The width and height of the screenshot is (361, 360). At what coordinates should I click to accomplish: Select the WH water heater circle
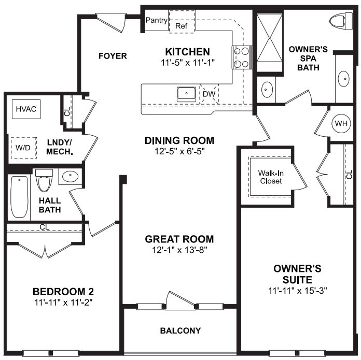pyautogui.click(x=341, y=124)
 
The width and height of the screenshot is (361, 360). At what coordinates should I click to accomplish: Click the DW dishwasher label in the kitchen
pyautogui.click(x=209, y=94)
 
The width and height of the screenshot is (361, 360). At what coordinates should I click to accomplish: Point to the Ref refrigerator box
pyautogui.click(x=181, y=25)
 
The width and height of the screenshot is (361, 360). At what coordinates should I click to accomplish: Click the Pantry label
pyautogui.click(x=156, y=21)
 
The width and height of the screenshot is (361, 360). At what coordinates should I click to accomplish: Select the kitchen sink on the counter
pyautogui.click(x=186, y=94)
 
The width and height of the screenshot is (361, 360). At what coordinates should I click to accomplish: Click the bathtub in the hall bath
pyautogui.click(x=20, y=197)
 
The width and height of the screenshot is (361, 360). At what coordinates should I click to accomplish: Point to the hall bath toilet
pyautogui.click(x=44, y=182)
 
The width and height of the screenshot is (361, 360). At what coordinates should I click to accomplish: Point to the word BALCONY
pyautogui.click(x=180, y=330)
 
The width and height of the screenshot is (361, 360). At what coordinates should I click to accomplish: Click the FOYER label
pyautogui.click(x=113, y=55)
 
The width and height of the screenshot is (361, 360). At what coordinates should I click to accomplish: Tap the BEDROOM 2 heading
pyautogui.click(x=63, y=291)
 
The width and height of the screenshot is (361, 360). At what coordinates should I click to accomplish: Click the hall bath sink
pyautogui.click(x=70, y=177)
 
